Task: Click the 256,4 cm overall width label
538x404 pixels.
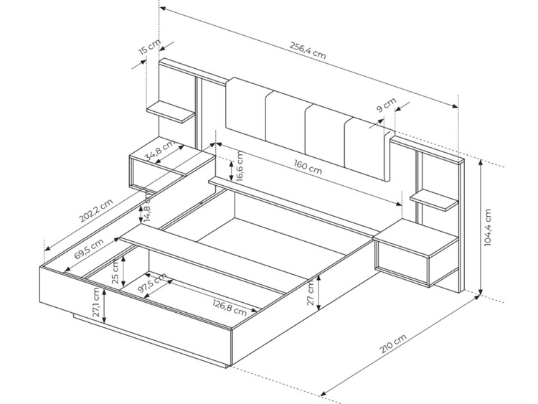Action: (308, 50)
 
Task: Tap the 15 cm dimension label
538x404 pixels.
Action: (150, 47)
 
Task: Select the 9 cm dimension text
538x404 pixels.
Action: (387, 105)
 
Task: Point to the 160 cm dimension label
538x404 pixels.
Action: (308, 166)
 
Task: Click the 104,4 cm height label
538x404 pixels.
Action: (488, 227)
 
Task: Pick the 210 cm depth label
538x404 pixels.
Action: (393, 343)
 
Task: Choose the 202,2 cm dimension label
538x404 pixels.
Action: (95, 211)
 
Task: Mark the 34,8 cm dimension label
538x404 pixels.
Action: (159, 150)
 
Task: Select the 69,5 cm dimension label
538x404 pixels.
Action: (89, 249)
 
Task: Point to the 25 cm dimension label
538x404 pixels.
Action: (115, 272)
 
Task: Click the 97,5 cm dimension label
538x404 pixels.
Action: (152, 283)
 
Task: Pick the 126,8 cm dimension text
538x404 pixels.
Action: (230, 308)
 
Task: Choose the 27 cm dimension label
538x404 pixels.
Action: (310, 293)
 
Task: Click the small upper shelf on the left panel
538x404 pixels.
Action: (171, 111)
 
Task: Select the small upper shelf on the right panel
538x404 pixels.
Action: (434, 201)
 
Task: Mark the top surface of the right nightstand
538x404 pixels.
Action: (416, 238)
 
